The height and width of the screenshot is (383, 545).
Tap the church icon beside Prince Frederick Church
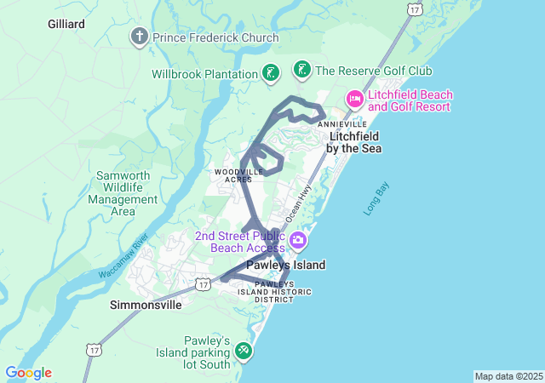pyautogui.click(x=140, y=37)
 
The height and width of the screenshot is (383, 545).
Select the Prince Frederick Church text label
pyautogui.click(x=215, y=37)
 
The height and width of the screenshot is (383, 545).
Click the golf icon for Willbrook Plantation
pyautogui.click(x=270, y=73)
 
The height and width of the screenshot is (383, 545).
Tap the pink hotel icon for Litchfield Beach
pyautogui.click(x=355, y=100)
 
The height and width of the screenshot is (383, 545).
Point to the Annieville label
pyautogui.click(x=342, y=124)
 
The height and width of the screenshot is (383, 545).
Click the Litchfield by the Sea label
pyautogui.click(x=355, y=142)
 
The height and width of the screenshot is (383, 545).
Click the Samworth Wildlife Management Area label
pyautogui.click(x=123, y=193)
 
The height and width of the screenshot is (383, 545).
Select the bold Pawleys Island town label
pyautogui.click(x=286, y=265)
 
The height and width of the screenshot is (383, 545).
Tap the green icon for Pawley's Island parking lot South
pyautogui.click(x=244, y=350)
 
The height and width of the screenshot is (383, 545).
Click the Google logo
pyautogui.click(x=28, y=373)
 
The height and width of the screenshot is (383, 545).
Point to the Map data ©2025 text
pyautogui.click(x=508, y=376)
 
